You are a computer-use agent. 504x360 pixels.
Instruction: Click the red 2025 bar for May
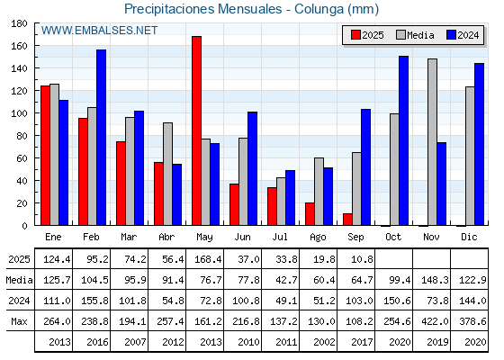(x=197, y=130)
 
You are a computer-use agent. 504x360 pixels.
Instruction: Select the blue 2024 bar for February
(x=101, y=138)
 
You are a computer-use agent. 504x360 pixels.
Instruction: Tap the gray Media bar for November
(x=432, y=142)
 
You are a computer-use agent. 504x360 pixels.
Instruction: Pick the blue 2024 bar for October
(x=404, y=140)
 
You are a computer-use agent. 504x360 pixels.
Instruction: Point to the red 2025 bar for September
(x=347, y=220)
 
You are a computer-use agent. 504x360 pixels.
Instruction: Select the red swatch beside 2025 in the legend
(x=355, y=35)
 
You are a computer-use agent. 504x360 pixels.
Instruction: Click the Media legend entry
(x=415, y=35)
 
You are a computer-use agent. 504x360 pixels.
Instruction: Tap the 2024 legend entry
(x=463, y=35)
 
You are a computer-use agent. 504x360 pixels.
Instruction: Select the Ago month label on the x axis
(x=318, y=238)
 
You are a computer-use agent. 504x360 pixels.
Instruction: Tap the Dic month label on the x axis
(x=469, y=237)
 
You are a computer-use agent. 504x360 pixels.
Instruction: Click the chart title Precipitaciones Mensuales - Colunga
(x=234, y=9)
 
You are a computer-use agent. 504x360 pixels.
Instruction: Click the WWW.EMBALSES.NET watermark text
(x=99, y=31)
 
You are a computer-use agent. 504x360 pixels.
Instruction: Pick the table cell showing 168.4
(x=208, y=259)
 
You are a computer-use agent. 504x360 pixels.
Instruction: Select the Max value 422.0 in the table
(x=435, y=321)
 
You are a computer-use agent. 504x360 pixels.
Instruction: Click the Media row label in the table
(x=19, y=280)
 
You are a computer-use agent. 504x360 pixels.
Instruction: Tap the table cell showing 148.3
(x=435, y=280)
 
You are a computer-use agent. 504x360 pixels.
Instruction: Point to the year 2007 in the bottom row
(x=135, y=342)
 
